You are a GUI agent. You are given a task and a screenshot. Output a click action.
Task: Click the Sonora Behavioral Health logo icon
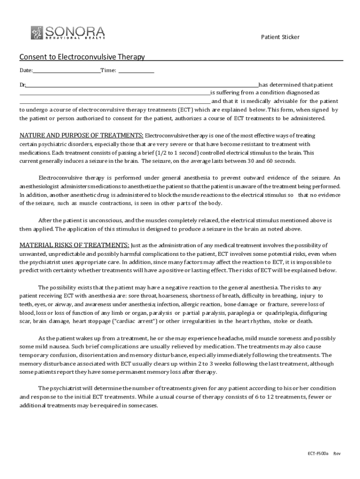(x=37, y=33)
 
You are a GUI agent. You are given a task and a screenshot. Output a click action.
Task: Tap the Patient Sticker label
(x=280, y=37)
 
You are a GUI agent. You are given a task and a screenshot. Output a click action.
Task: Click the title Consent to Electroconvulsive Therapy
(x=82, y=57)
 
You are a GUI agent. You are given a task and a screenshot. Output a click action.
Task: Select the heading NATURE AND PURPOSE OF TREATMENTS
(x=81, y=135)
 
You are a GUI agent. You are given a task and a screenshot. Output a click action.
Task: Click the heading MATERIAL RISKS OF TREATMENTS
(x=74, y=245)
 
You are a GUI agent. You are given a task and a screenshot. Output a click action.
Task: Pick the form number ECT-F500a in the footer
(x=318, y=454)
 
